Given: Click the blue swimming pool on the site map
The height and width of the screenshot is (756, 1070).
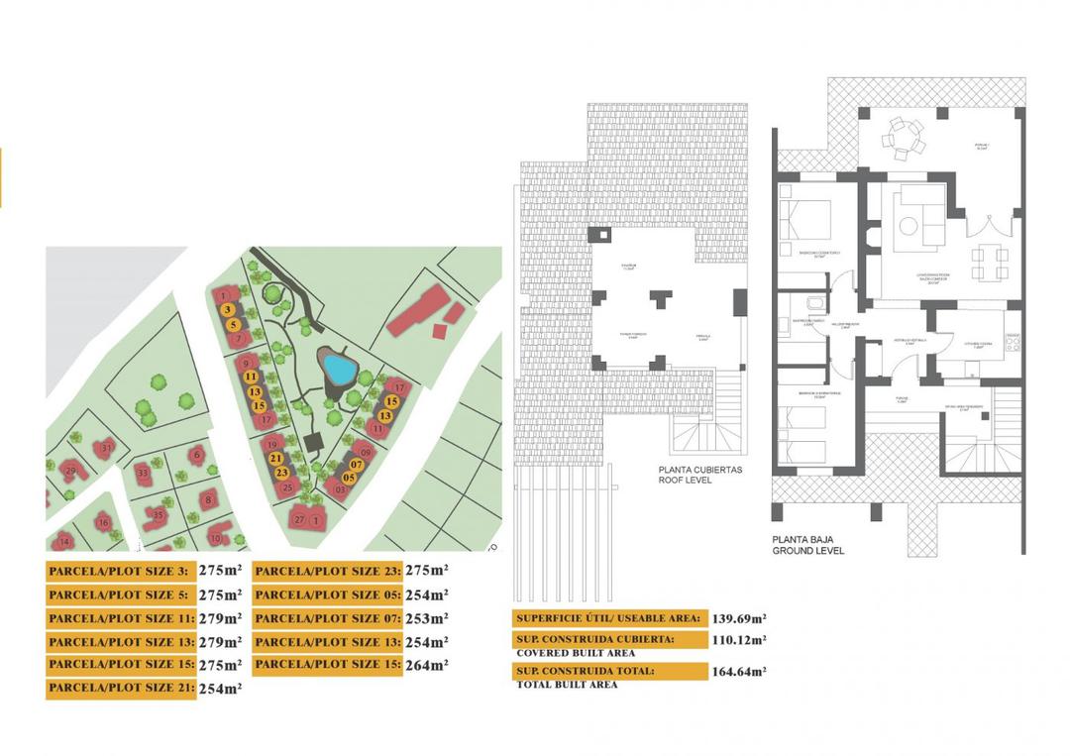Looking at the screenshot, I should (x=340, y=371).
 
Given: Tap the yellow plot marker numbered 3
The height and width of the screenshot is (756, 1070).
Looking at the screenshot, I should (x=228, y=310).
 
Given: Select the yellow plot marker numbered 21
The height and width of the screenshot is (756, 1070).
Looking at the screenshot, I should (x=276, y=459).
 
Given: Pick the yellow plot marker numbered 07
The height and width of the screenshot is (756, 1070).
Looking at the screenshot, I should (x=357, y=464).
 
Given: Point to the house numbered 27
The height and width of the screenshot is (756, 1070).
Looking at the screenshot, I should (x=299, y=518).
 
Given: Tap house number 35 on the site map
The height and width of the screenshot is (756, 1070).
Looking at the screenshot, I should (x=159, y=514).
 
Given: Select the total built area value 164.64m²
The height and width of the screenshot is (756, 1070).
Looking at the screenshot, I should (x=739, y=671).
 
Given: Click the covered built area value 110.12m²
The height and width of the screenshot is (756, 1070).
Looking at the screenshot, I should (x=739, y=640).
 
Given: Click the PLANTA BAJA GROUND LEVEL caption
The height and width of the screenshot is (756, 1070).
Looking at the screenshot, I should (x=807, y=545).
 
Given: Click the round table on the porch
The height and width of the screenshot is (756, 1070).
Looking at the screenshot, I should (x=903, y=138).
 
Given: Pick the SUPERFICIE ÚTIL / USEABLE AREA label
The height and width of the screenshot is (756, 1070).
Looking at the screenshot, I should (x=607, y=617).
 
